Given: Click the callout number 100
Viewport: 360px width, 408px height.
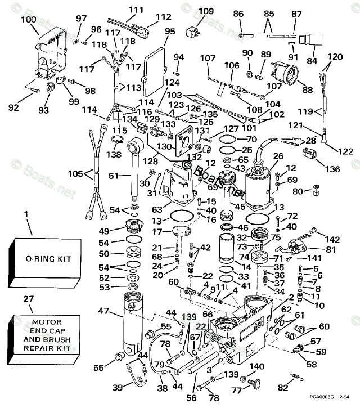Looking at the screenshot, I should [28, 20].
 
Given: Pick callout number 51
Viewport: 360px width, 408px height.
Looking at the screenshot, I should [114, 176].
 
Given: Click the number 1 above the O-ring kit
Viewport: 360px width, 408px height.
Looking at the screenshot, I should [25, 214].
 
